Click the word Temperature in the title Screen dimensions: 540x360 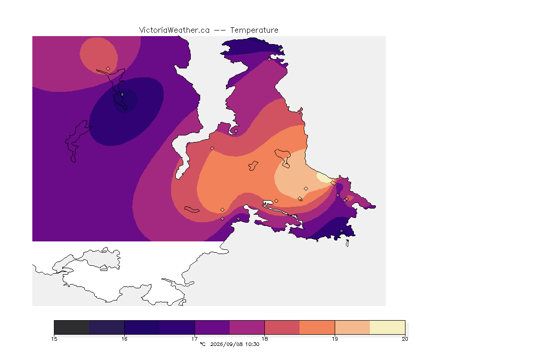coord(254,30)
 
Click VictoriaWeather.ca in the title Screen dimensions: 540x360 coord(174,30)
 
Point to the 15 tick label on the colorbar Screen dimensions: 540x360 coord(54,339)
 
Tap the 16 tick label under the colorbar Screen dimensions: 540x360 coord(124,339)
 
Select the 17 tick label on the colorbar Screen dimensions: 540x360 coord(195,339)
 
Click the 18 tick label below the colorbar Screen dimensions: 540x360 coord(264,339)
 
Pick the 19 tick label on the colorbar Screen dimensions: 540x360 coord(335,339)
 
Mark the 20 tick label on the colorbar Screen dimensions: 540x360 coord(405,339)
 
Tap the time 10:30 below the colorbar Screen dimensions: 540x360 coord(252,344)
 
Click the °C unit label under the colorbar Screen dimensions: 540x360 coord(202,344)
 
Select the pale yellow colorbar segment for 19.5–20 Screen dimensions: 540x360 coord(388,327)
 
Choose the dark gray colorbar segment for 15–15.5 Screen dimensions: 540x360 coord(72,327)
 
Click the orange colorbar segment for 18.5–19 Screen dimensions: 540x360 coord(317,327)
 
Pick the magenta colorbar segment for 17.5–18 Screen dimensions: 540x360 coord(247,327)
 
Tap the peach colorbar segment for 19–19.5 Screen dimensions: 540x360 coord(352,327)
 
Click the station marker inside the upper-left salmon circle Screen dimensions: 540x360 coord(108,69)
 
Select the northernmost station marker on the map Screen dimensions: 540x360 coord(270,59)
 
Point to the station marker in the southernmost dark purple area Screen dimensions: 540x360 coord(341,231)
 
